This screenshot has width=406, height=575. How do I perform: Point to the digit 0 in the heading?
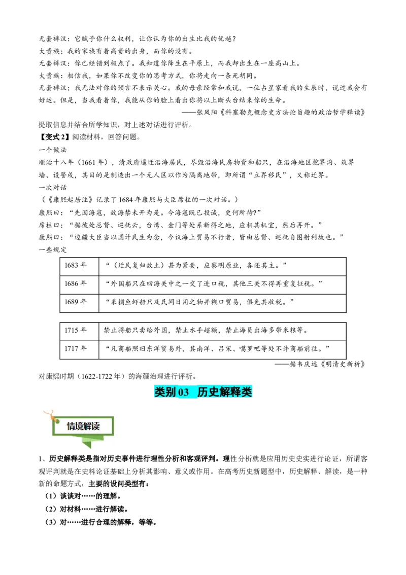click(181, 392)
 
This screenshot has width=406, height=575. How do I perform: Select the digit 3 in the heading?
click(186, 392)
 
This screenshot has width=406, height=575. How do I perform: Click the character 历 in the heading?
click(202, 392)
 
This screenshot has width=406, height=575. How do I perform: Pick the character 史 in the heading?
click(214, 392)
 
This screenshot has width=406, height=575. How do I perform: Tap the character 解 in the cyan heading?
click(225, 392)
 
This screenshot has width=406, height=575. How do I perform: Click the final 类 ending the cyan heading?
click(247, 392)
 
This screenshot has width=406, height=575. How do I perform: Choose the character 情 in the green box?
click(71, 426)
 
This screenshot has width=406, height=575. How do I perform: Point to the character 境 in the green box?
click(79, 426)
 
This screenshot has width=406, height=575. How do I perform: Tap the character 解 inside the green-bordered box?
click(87, 426)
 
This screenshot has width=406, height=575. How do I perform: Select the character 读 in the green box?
click(95, 426)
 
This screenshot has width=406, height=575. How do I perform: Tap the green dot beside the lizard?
click(57, 421)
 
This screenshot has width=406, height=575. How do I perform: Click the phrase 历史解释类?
click(224, 392)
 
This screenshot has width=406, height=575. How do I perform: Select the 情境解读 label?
click(83, 426)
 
